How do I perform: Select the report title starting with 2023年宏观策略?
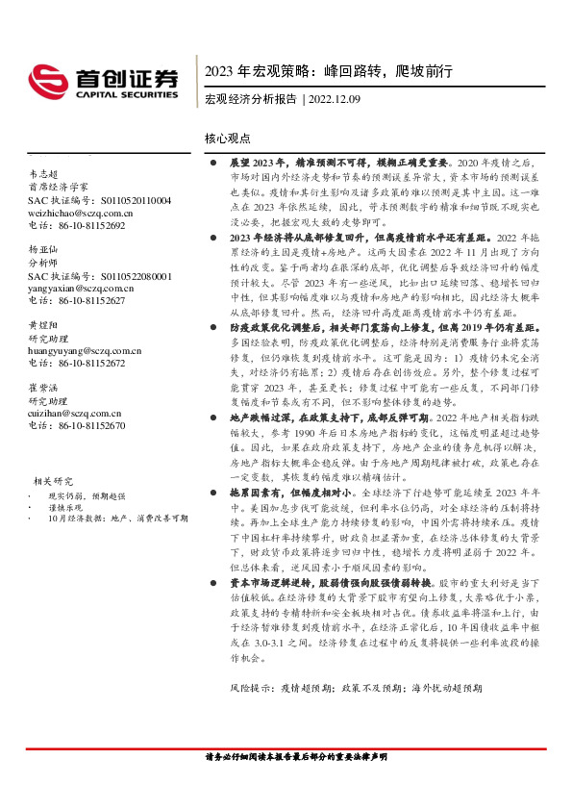(x=328, y=72)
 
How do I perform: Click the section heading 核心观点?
(x=227, y=139)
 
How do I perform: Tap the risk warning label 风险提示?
(x=249, y=689)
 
